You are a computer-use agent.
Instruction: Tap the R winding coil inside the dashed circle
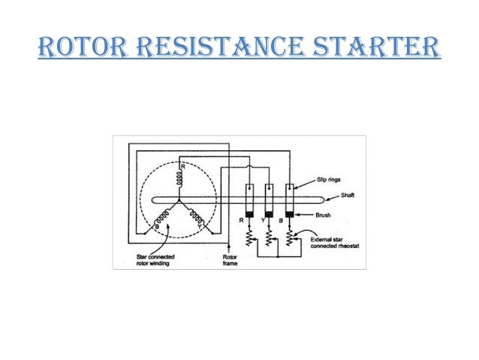click(x=179, y=177)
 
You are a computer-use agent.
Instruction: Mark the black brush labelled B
click(x=289, y=215)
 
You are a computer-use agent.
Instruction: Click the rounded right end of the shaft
click(x=318, y=199)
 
